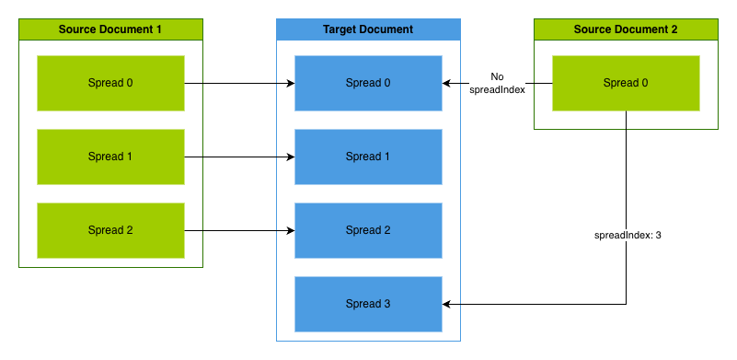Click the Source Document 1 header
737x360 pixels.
110,29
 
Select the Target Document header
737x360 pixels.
368,29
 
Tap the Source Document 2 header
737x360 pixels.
626,29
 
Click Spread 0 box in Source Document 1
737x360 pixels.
110,83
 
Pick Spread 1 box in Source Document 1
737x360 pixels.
110,157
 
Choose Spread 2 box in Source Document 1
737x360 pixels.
110,230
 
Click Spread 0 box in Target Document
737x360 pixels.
368,83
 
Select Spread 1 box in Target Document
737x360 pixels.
368,157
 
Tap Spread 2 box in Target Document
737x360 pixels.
368,230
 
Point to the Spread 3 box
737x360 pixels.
368,304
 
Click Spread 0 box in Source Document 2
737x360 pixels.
626,83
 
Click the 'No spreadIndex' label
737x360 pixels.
497,84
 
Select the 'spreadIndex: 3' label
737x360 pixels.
628,236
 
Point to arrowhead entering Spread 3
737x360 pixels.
447,304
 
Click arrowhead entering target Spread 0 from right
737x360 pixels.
447,83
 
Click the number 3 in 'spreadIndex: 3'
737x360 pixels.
659,236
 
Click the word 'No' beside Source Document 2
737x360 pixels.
497,77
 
